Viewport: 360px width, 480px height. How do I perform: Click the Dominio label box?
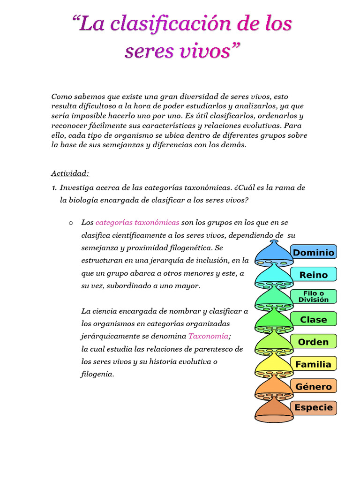pos(313,253)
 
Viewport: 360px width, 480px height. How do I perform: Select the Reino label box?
pos(313,275)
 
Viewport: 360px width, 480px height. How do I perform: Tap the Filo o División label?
pos(313,297)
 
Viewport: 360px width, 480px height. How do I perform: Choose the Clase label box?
pos(313,319)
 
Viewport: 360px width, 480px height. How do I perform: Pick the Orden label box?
pos(313,342)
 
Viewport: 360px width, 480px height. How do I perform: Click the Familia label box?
pos(313,364)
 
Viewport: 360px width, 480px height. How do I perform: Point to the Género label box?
pos(313,387)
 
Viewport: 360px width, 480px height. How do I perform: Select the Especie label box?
pos(313,407)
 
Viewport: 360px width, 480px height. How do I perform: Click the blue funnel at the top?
pos(273,254)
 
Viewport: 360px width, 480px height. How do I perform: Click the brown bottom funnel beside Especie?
pos(273,410)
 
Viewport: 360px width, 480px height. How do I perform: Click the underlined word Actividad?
pos(70,173)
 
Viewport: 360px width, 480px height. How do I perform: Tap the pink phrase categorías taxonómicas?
pos(137,222)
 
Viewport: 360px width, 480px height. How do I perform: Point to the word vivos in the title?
pos(203,51)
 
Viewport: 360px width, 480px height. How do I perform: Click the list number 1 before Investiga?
pos(54,187)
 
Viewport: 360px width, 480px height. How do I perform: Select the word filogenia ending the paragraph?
pos(97,374)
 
